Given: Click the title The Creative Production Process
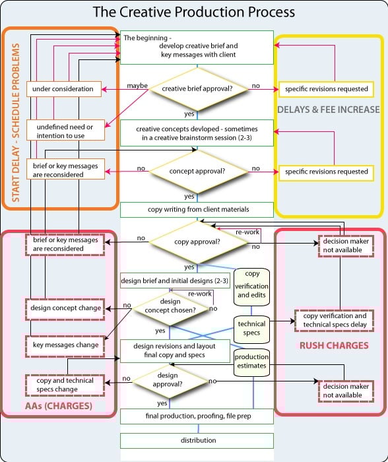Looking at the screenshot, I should (193, 12).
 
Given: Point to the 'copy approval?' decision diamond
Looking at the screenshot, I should (196, 242).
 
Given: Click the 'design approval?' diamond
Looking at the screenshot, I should (167, 381).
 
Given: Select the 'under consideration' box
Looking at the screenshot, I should (65, 88).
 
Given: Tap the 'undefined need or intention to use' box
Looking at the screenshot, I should (65, 131).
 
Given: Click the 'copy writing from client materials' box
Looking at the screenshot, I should (196, 210).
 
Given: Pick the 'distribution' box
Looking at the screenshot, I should (197, 440).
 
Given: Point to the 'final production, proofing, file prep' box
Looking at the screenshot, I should (197, 416).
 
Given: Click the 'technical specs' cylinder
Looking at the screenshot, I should (252, 328).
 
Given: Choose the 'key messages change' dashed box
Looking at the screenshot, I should (65, 345).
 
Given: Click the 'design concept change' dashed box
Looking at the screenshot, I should (65, 308).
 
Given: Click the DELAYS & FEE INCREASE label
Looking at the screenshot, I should (328, 109).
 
